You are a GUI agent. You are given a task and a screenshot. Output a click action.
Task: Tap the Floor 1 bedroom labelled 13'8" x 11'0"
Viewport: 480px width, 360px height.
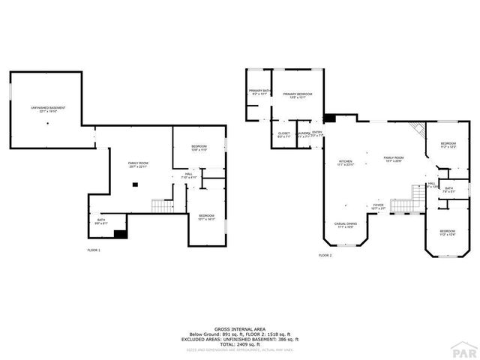[x=198, y=148]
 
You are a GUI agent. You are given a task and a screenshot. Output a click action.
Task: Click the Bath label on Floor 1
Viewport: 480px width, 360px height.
[x=101, y=222]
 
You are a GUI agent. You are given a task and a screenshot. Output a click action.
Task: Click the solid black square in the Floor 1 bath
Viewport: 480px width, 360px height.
[x=118, y=232]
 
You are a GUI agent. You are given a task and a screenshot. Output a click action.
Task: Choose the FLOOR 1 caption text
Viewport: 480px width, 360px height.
[x=93, y=250]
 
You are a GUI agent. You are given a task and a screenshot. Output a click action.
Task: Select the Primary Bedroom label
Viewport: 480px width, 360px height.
[x=298, y=95]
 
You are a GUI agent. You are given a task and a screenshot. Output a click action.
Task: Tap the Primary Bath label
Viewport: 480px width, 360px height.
[x=259, y=92]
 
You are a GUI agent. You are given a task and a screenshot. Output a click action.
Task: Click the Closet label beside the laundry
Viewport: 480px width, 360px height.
[x=284, y=135]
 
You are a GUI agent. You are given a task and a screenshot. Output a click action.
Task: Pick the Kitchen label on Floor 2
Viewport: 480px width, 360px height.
[x=345, y=163]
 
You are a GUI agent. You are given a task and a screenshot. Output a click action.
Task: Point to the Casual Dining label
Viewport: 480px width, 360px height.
[x=345, y=224]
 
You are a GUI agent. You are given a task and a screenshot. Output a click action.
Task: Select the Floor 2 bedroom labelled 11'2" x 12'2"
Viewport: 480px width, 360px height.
[x=448, y=145]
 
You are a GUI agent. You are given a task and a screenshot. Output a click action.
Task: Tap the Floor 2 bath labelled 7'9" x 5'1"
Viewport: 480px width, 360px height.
[x=448, y=190]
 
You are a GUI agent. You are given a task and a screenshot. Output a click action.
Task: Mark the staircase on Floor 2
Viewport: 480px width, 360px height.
[x=403, y=201]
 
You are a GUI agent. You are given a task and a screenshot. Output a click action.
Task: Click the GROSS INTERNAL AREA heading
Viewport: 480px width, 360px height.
[x=239, y=328]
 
